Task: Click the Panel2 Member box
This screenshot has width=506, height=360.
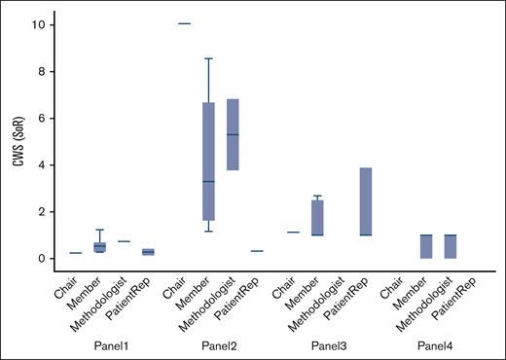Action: point(208,162)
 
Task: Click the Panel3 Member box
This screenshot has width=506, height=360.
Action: point(317,217)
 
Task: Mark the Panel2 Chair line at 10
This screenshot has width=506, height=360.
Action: point(184,23)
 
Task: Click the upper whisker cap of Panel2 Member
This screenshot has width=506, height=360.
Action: point(208,58)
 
